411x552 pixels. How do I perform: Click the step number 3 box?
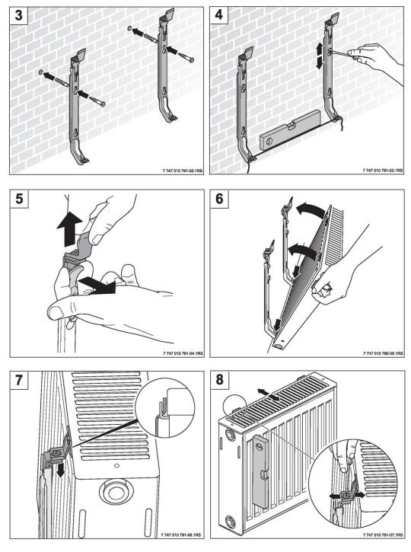pos(18,15)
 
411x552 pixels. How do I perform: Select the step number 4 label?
pos(219,15)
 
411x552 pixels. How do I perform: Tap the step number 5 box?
pos(19,199)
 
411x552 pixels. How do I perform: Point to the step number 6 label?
pos(219,199)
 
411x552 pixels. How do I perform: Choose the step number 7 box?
pos(19,380)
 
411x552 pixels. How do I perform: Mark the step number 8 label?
pos(219,380)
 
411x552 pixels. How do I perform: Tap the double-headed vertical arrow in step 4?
pos(320,56)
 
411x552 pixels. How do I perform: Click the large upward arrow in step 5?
pos(69,229)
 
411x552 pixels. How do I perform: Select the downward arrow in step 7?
pos(61,470)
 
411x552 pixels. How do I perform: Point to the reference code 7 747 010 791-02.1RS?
pos(183,171)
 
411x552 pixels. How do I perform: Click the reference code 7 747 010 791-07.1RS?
pos(383,534)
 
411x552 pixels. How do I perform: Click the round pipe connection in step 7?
pos(115,492)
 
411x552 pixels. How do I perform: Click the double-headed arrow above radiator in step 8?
pos(268,394)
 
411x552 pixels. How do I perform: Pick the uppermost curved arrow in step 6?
pos(310,210)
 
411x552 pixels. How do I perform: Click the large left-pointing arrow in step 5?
pos(97,284)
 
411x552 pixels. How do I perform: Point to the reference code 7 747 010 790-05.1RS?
pos(383,353)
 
